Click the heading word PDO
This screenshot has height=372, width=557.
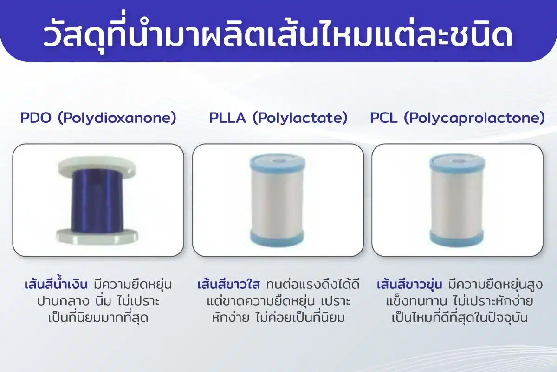36,118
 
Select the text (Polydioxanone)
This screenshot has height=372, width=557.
117,118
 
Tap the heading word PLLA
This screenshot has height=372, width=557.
227,118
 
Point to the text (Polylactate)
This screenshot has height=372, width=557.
300,118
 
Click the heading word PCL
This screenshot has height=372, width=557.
383,118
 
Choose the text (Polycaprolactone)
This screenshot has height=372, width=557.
474,118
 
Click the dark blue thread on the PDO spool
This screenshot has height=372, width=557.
97,200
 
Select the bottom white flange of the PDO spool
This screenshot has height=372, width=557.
97,236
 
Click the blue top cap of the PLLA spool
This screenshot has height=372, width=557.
278,164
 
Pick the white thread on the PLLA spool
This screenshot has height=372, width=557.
277,202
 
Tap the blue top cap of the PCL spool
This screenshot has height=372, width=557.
457,164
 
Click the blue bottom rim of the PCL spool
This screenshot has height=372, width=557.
457,238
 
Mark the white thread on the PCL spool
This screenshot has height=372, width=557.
457,202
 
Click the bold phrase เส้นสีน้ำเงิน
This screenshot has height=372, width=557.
56,284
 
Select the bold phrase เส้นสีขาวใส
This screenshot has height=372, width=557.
228,285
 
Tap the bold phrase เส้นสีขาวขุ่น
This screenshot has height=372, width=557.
409,285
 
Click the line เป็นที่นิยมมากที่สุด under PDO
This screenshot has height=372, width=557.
98,317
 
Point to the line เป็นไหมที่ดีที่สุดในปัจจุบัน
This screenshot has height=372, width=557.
460,317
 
